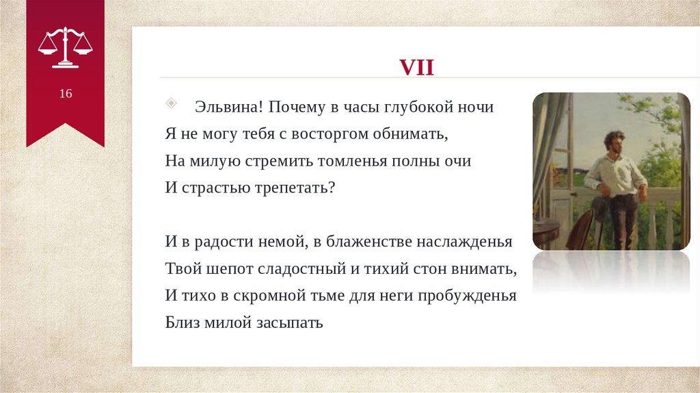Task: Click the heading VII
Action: click(416, 68)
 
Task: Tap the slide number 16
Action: click(66, 93)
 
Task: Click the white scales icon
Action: click(65, 48)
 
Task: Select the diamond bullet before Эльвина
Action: click(171, 103)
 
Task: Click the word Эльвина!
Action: click(229, 107)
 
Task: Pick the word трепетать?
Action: click(295, 188)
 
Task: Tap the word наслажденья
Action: click(464, 242)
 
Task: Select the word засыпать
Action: click(289, 322)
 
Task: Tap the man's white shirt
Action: click(616, 175)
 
